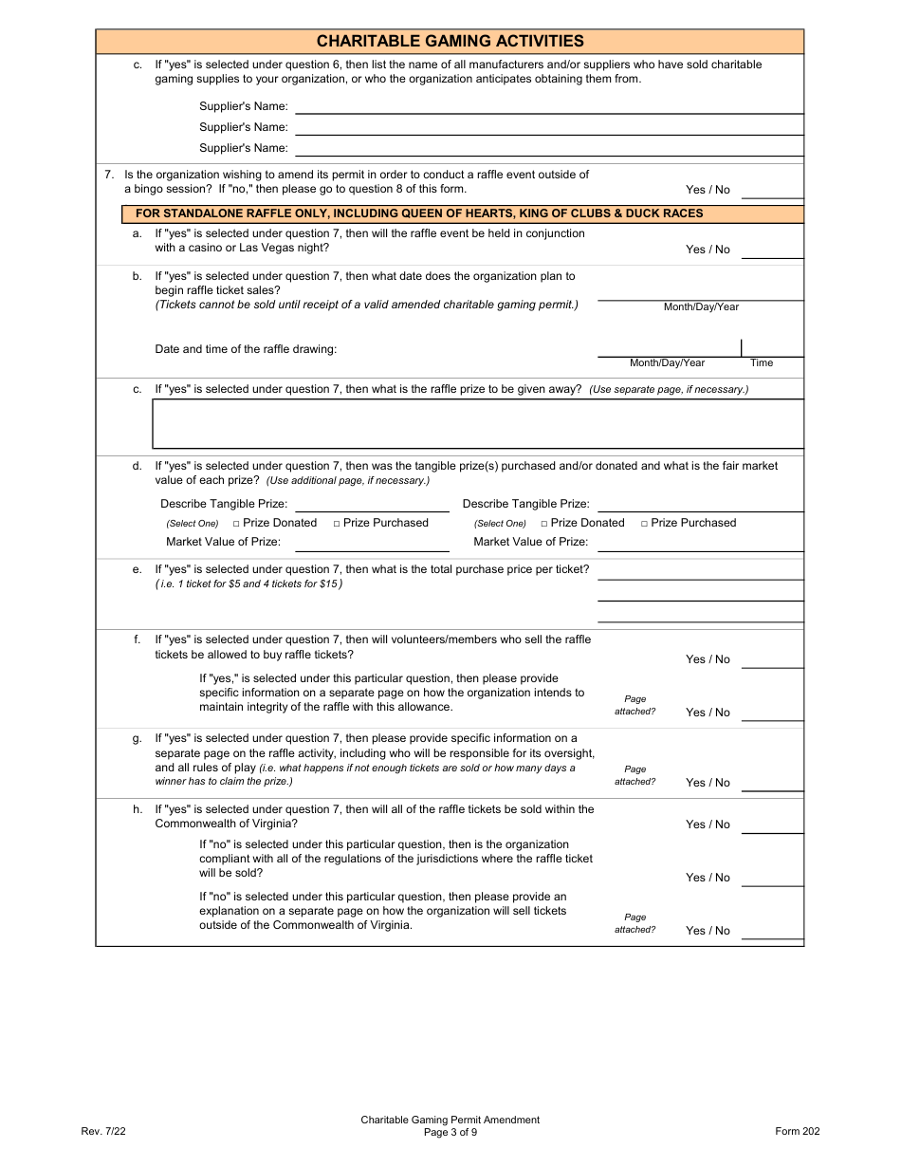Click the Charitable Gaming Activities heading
[450, 41]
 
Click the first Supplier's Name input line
[549, 106]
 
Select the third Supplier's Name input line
[549, 148]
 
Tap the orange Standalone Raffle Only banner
[450, 213]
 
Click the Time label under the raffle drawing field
[762, 363]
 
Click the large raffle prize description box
[478, 423]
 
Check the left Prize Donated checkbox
[236, 524]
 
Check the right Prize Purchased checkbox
[645, 524]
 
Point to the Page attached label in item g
[634, 775]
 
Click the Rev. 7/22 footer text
[103, 1131]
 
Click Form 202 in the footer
[797, 1131]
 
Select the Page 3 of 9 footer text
[450, 1132]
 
